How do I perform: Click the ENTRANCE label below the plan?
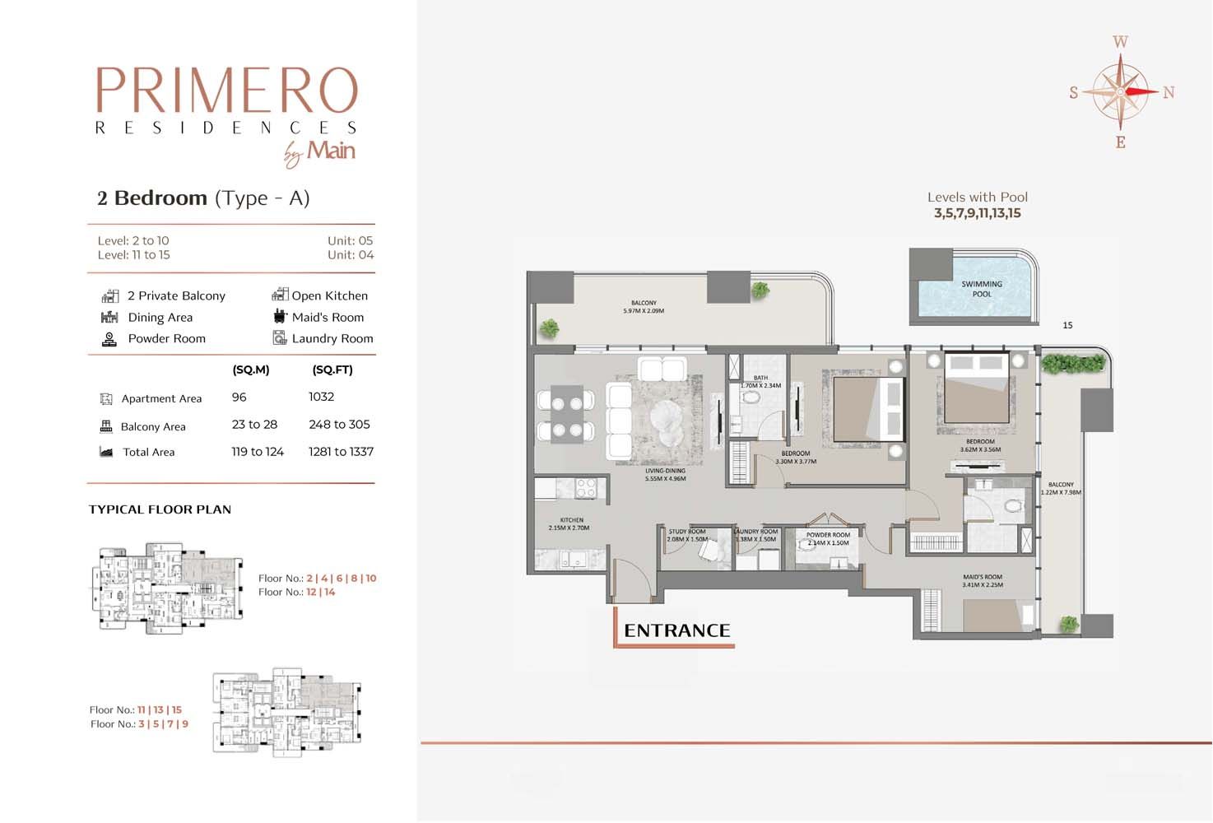(x=676, y=630)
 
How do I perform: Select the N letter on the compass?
(x=1169, y=93)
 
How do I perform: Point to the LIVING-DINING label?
(x=665, y=475)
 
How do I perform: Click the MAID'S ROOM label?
(x=983, y=581)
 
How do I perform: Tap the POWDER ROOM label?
(x=828, y=538)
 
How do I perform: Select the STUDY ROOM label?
(x=687, y=535)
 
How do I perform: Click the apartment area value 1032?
(x=321, y=397)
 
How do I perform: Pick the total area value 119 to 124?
(x=257, y=452)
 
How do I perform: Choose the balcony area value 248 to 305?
(x=339, y=425)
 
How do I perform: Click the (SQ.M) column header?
(x=250, y=370)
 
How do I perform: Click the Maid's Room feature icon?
(x=280, y=317)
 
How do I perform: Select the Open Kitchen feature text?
(x=329, y=295)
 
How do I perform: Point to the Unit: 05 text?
(x=350, y=240)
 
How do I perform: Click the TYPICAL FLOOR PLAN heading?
(x=160, y=509)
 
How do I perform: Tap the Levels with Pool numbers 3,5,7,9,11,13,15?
(x=977, y=213)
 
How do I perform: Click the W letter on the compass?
(x=1120, y=42)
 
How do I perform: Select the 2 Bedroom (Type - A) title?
(x=203, y=198)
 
